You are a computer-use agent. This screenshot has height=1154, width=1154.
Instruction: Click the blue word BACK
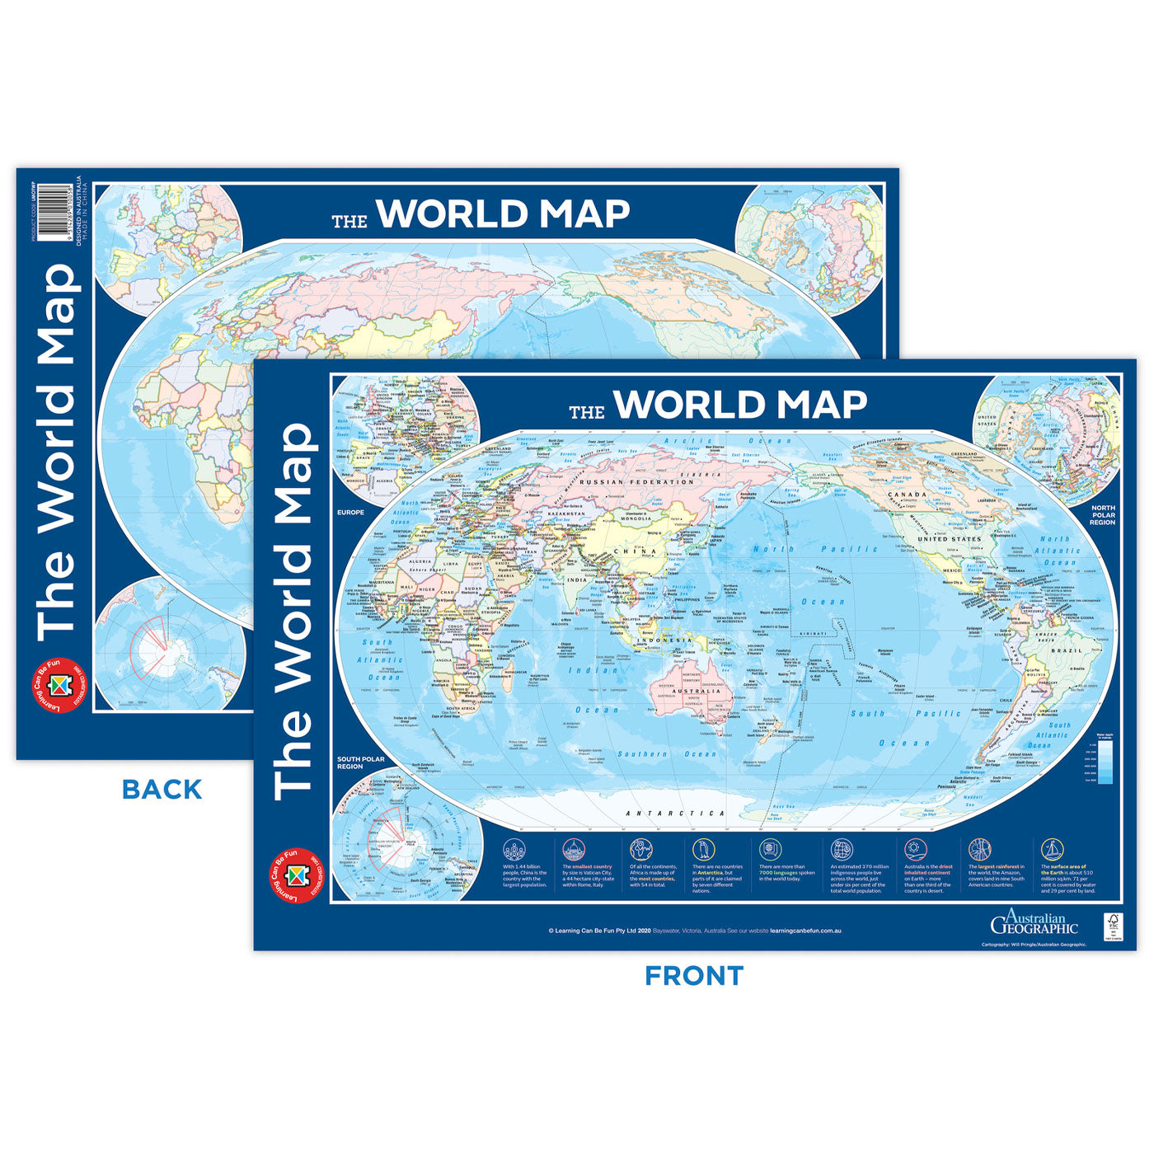[162, 790]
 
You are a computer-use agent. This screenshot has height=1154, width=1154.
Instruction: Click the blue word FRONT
[694, 976]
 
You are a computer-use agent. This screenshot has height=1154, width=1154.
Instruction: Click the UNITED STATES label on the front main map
[950, 539]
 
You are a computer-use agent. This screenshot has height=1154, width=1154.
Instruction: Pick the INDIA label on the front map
[577, 580]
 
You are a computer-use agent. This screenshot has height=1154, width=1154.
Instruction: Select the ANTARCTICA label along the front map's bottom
[675, 814]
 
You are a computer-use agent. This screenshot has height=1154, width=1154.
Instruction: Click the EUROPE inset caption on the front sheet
[350, 513]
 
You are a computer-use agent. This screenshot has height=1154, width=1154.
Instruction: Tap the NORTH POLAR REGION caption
[1102, 515]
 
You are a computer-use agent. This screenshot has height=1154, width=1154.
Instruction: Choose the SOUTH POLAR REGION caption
[361, 762]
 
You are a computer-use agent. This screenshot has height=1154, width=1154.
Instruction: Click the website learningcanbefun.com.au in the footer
[805, 931]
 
